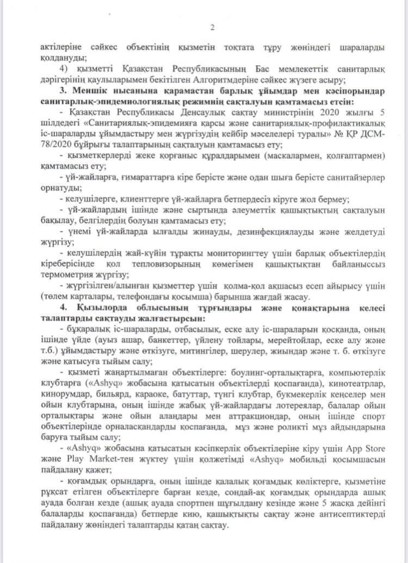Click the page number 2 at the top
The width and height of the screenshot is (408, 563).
pos(213,28)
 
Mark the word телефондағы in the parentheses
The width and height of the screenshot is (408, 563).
pos(153,296)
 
